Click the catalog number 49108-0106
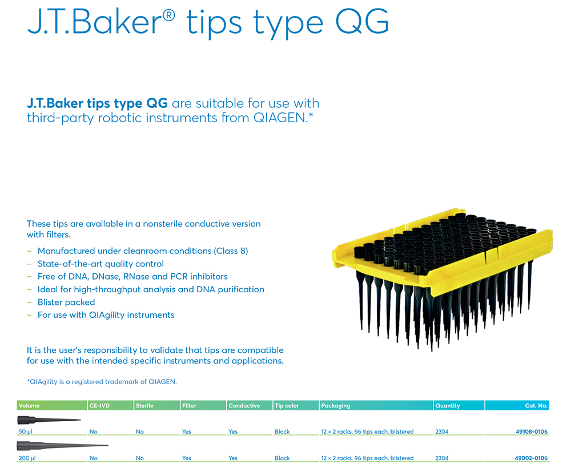coord(531,431)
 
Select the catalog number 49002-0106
coord(531,458)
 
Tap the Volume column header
coord(29,405)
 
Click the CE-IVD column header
coord(99,405)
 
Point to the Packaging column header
coord(335,406)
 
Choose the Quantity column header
coord(448,406)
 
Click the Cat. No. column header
coord(536,405)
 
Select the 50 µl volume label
coord(26,431)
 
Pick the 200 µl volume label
coord(27,458)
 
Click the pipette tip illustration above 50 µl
coord(49,420)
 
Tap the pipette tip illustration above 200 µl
coord(62,445)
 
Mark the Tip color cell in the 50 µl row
coord(282,431)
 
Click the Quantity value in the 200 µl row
coord(442,458)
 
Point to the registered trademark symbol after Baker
coord(168,15)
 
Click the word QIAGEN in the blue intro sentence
coord(280,118)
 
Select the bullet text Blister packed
coord(66,302)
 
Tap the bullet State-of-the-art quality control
coord(100,264)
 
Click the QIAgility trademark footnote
coord(102,382)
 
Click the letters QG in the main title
coord(361,22)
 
